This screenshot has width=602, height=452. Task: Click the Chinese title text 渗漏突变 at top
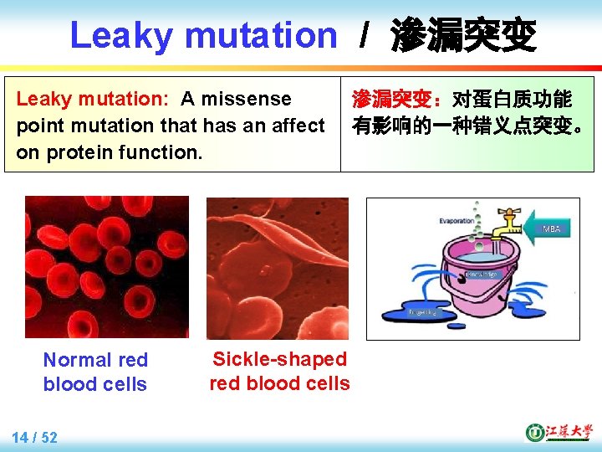[x=463, y=36]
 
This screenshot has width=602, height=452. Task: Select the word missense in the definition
[x=251, y=99]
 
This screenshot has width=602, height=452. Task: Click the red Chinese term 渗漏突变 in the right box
[x=393, y=100]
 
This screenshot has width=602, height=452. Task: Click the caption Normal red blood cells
[x=95, y=372]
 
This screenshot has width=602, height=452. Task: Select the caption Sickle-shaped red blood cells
[x=279, y=371]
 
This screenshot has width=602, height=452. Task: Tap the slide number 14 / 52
[x=35, y=437]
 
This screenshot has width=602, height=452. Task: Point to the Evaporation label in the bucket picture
[x=457, y=221]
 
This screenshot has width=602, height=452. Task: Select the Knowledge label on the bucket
[x=481, y=274]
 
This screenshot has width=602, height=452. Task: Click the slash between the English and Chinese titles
[x=364, y=36]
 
